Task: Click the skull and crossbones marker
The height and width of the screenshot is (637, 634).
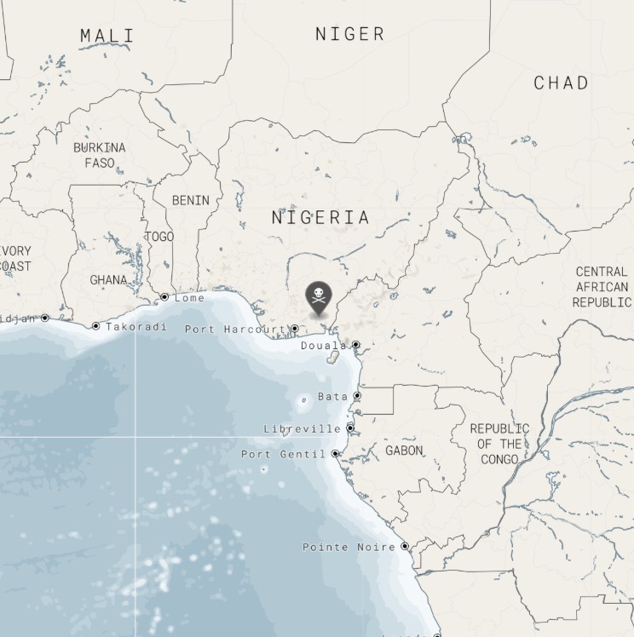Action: click(319, 297)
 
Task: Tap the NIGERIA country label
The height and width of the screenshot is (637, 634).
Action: click(320, 218)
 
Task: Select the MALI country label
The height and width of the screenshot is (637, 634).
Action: click(107, 36)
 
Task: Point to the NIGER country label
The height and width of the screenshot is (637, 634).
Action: click(349, 34)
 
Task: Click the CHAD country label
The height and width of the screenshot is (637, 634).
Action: click(561, 83)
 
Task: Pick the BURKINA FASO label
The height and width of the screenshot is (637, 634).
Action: click(99, 154)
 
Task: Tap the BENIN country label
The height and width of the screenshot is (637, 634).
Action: click(190, 200)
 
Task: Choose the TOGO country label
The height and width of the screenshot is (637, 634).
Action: click(159, 236)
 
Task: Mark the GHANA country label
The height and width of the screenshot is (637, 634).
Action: click(108, 279)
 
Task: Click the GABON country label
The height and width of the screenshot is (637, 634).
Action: click(404, 450)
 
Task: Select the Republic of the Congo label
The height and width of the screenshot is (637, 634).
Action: click(499, 444)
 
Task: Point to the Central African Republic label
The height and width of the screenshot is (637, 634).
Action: click(601, 287)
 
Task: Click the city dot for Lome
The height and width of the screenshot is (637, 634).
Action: click(164, 297)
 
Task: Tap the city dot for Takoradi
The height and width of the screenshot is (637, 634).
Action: click(96, 326)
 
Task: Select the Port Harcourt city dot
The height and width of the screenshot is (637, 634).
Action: click(295, 329)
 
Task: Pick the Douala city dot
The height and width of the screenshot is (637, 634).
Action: click(355, 345)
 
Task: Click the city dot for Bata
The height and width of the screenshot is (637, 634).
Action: click(357, 396)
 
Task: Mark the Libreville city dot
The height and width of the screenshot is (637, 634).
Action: click(350, 428)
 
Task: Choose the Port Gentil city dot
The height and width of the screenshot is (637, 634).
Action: click(336, 454)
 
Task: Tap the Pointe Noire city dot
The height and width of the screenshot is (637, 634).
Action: click(405, 547)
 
